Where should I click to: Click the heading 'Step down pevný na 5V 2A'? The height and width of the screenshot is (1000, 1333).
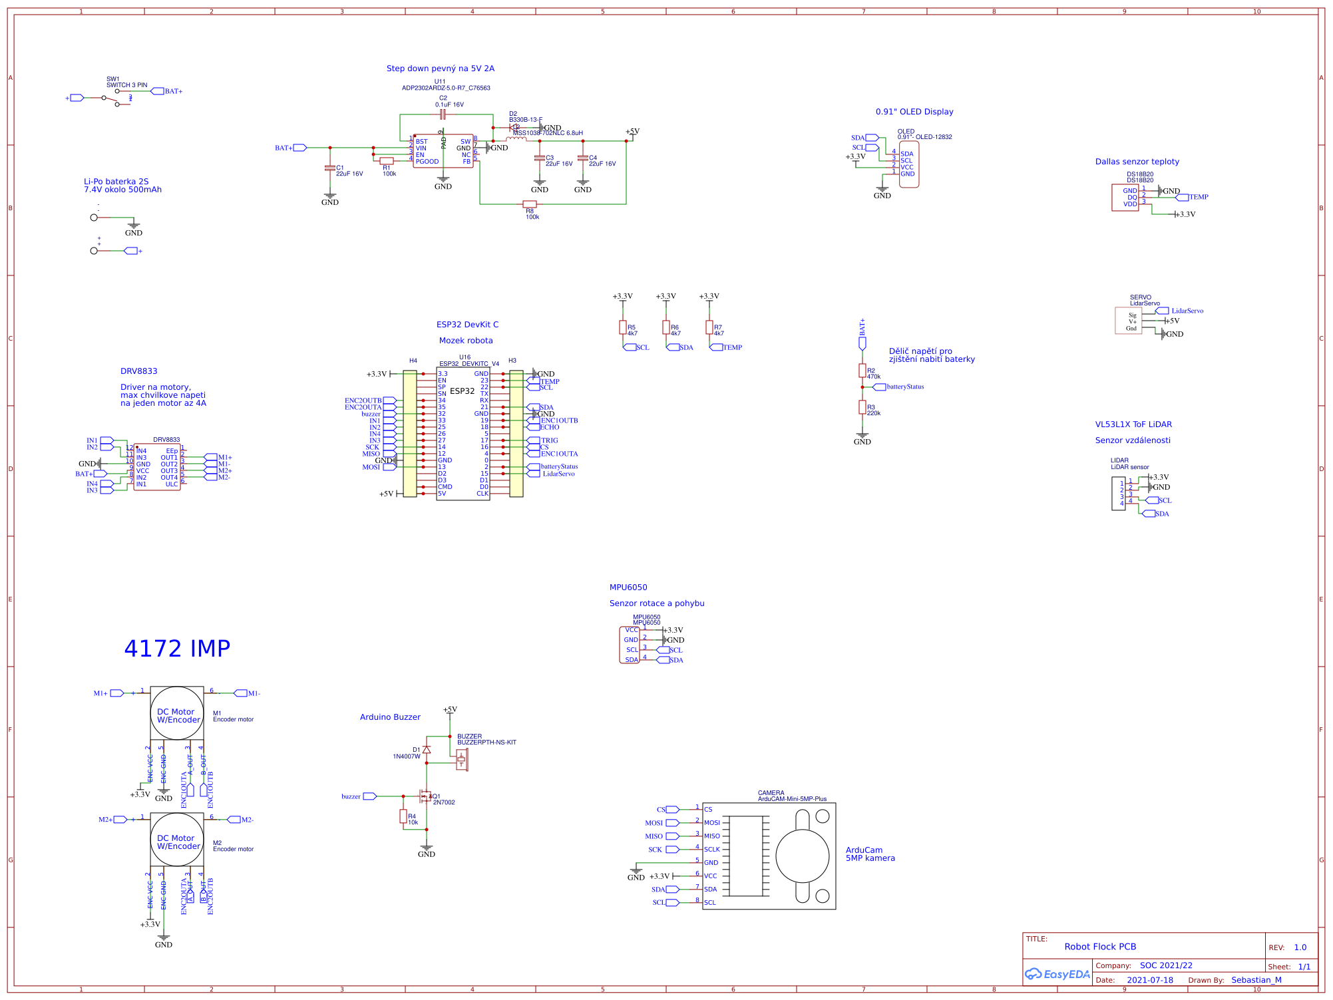point(440,69)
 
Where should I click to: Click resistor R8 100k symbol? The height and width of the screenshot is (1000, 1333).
point(530,204)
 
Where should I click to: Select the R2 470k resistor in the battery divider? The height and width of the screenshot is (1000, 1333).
point(862,371)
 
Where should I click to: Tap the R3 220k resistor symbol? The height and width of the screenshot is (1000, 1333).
point(862,407)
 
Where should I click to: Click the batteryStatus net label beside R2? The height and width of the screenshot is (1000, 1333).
point(904,387)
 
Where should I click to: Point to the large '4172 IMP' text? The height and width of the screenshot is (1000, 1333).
point(177,649)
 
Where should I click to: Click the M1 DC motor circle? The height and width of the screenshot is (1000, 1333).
point(176,713)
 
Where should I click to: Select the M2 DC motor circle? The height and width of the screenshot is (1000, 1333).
point(176,840)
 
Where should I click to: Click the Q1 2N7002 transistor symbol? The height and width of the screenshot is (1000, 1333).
point(424,796)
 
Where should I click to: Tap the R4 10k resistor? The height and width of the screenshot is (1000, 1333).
point(403,816)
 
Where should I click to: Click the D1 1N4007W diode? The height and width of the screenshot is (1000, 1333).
point(427,750)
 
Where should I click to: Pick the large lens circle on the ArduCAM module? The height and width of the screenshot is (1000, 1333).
point(802,856)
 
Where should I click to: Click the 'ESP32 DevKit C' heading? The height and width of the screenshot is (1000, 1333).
point(467,325)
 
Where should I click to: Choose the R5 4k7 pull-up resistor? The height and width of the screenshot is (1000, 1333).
point(623,327)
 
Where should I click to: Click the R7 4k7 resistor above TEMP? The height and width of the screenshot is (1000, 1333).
point(709,327)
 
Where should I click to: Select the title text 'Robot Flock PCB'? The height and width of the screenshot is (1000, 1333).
point(1100,947)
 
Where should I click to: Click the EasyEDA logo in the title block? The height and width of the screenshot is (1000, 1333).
point(1057,974)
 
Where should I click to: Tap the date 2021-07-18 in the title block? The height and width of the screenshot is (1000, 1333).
point(1149,980)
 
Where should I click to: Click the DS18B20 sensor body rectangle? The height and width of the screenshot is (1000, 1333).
point(1125,198)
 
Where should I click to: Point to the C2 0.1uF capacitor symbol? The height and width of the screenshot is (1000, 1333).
point(443,114)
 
